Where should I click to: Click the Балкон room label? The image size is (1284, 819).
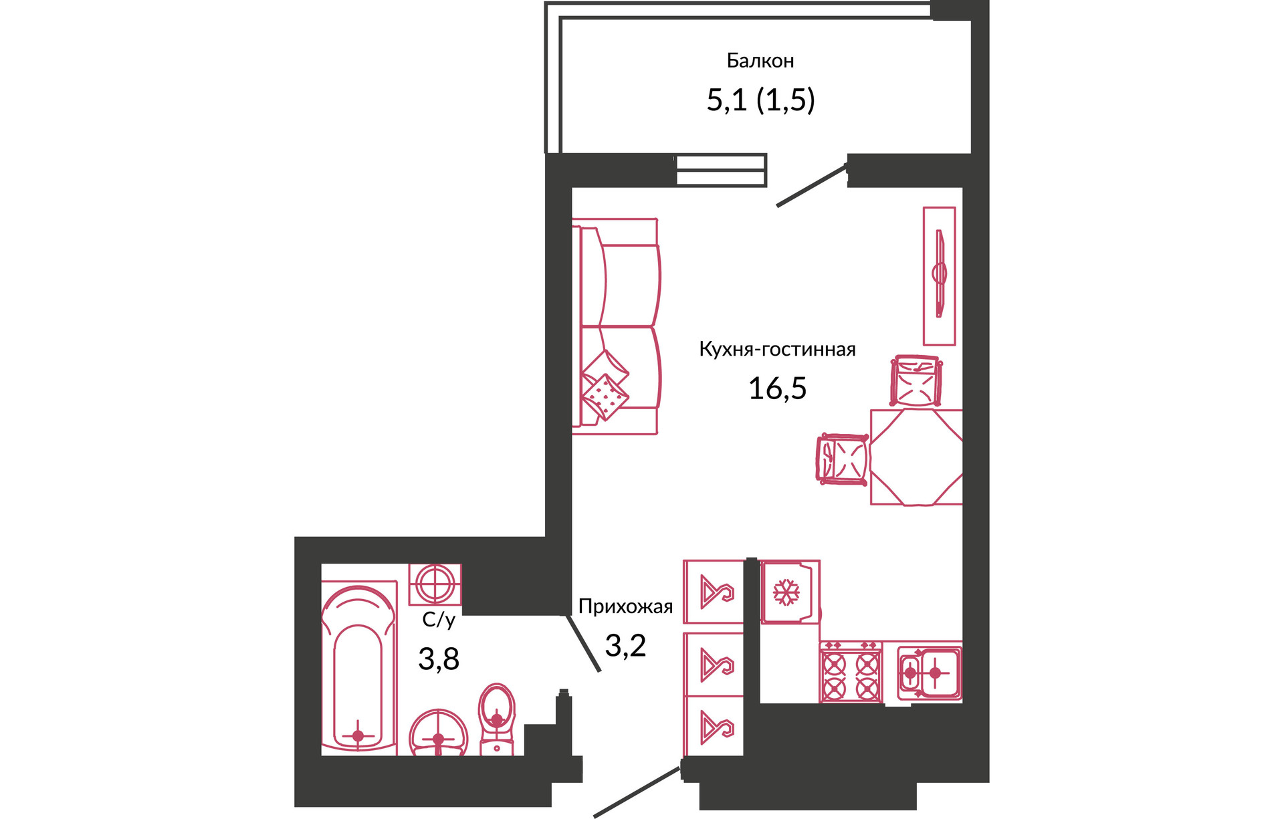pos(760,61)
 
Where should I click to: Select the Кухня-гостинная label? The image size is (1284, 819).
pos(777,349)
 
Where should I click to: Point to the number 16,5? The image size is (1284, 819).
pos(777,388)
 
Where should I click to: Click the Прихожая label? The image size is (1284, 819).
pos(625,606)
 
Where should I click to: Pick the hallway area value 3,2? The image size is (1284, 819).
pos(625,645)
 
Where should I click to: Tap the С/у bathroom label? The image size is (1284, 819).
pos(439,620)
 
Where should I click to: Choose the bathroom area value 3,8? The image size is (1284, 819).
pos(439,659)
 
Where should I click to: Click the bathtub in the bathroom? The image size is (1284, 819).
pos(358,668)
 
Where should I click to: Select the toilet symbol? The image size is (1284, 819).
pos(497,719)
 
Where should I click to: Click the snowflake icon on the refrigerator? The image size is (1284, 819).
pos(786,592)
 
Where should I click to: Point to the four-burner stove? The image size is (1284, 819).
pos(851,672)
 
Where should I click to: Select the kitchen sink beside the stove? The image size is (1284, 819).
pos(929,673)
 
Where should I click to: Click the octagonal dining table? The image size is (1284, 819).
pos(916,457)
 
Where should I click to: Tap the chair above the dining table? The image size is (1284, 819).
pos(916,381)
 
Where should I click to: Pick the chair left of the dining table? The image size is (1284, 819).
pos(843,459)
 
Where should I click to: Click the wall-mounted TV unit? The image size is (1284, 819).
pos(939,275)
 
